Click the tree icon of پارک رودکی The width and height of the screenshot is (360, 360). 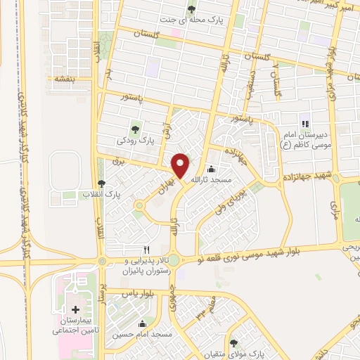[x=135, y=129]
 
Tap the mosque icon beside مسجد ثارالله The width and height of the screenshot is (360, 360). [x=212, y=169]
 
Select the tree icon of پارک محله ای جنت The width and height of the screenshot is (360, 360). [x=191, y=9]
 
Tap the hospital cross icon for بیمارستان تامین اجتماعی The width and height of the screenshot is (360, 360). [x=75, y=309]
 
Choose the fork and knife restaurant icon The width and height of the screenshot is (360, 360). [x=146, y=249]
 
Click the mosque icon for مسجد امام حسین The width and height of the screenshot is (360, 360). [x=143, y=325]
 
